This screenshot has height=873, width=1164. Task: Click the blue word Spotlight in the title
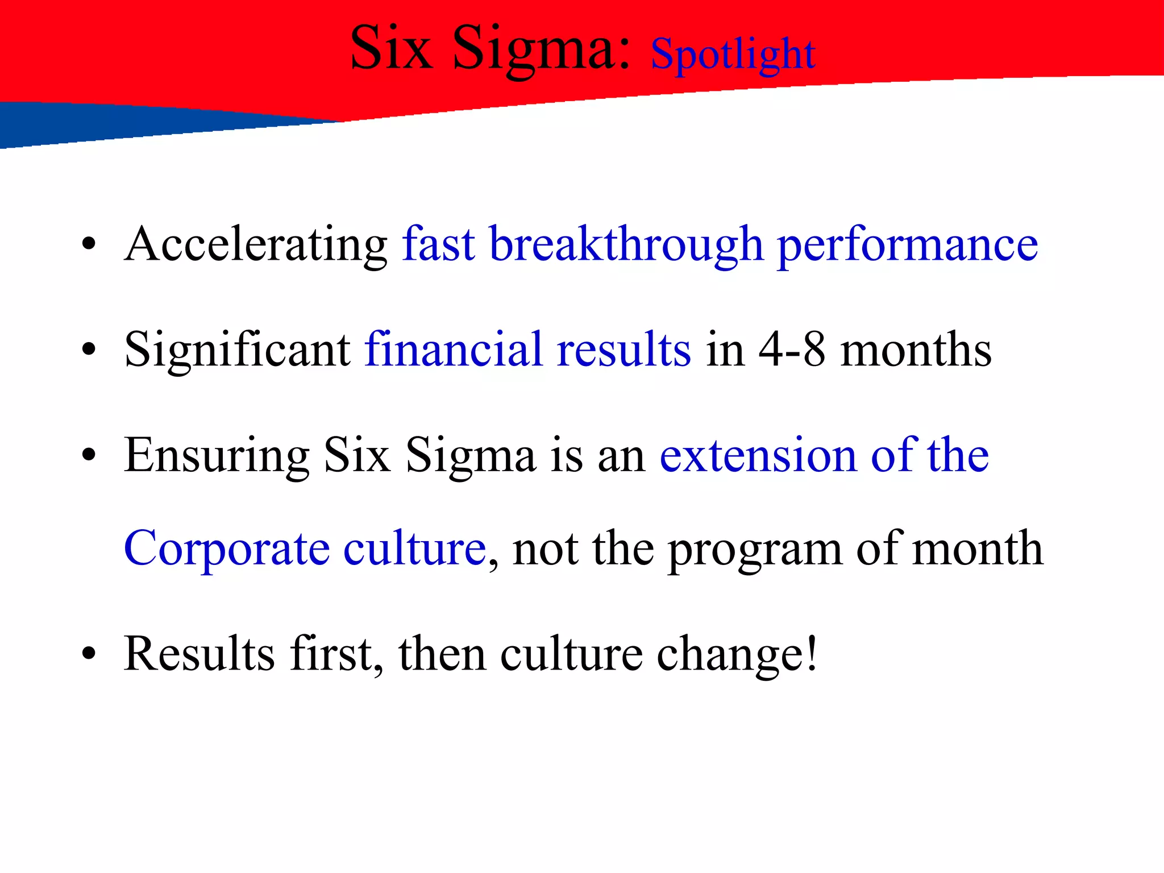click(x=733, y=55)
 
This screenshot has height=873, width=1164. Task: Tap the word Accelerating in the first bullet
click(x=256, y=245)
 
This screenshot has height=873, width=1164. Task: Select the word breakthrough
click(x=626, y=245)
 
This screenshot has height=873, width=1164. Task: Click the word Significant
click(x=237, y=350)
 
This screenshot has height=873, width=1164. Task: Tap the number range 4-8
click(x=792, y=350)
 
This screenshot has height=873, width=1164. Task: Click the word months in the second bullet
click(x=916, y=350)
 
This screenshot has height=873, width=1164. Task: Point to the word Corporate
click(x=226, y=549)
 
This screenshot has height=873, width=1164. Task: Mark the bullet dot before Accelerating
click(x=88, y=245)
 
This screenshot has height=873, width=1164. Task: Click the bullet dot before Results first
click(x=88, y=654)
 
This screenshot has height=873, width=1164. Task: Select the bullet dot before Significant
click(x=88, y=350)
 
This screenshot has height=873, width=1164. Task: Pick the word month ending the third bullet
click(x=978, y=549)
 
